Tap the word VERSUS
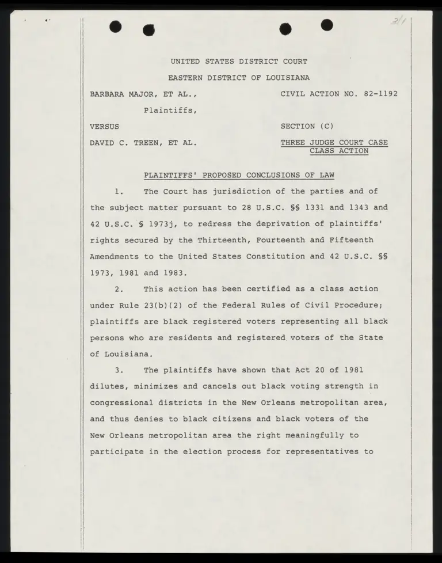(105, 126)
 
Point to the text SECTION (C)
(307, 126)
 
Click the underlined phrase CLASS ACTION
(339, 151)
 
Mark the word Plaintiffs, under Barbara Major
(170, 110)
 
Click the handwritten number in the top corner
(397, 22)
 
